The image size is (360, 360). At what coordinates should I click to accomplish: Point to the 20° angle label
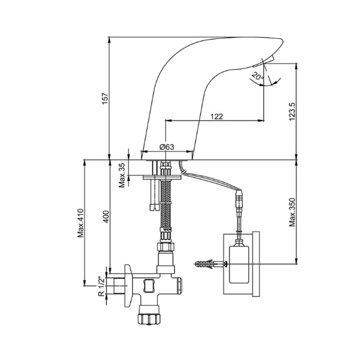coord(257,76)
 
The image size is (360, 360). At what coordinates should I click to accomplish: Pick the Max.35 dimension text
coord(122,175)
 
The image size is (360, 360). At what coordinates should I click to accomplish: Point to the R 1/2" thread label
coord(101,286)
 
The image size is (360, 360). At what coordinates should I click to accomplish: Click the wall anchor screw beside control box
coord(209,263)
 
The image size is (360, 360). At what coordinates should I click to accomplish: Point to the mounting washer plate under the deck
coord(162,177)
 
